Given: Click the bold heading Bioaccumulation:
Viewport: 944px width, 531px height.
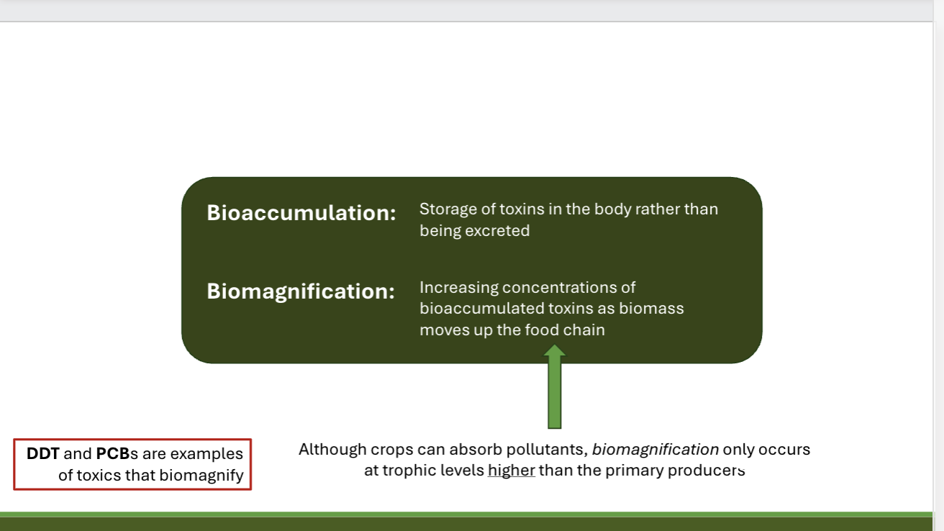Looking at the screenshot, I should click(x=301, y=213).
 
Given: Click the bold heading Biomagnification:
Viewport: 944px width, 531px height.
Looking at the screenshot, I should click(x=301, y=291).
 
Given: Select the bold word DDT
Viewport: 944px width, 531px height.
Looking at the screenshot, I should click(x=42, y=454).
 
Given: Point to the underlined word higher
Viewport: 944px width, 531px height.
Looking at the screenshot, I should click(x=511, y=471).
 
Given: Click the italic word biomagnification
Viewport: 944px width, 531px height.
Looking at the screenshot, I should click(x=655, y=450).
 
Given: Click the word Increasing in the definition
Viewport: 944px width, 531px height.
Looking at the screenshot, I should click(x=458, y=288).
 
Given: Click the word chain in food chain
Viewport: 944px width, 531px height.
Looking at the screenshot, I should click(x=584, y=330).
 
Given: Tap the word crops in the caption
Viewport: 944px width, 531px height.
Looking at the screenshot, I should click(x=391, y=450).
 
